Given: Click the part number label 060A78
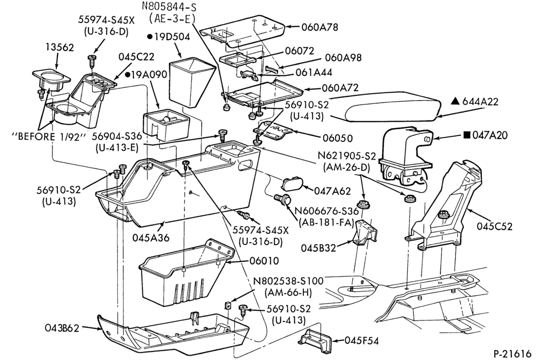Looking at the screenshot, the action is coord(319,27).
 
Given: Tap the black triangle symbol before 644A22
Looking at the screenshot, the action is coord(455,101).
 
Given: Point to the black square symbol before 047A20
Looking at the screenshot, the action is coord(467,136).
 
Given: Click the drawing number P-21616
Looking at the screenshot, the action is coord(512,353).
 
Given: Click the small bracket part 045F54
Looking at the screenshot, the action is coord(316,341).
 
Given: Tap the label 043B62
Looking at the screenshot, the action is coord(62,328).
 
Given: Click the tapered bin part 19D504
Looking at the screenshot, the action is coord(191,81).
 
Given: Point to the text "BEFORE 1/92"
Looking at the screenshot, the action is coord(48,137).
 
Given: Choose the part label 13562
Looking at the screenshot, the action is coord(59,47).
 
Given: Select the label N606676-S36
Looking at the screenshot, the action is coord(326,211).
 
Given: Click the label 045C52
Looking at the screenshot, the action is coord(495,226).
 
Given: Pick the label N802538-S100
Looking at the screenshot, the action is coord(288,281).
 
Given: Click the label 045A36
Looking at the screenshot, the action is coord(151,237).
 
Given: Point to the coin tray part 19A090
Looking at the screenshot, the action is coord(166,125).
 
